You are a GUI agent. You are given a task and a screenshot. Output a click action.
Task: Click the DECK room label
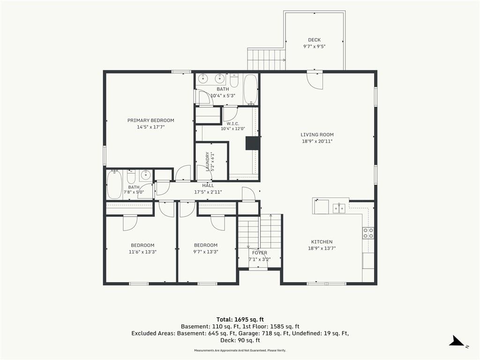tap(315, 40)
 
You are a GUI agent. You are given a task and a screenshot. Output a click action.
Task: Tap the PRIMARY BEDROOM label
tap(150, 120)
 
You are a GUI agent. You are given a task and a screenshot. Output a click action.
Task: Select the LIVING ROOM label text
tap(317, 135)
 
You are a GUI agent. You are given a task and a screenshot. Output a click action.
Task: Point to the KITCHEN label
tap(322, 241)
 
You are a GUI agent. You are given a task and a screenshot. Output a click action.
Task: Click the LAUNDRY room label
tap(208, 161)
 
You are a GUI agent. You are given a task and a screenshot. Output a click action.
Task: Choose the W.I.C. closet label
tap(233, 124)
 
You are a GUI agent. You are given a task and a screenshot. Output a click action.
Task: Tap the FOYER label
tap(260, 253)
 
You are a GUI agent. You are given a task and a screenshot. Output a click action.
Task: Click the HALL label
tap(208, 186)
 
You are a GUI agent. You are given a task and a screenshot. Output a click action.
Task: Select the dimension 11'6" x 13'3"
tap(142, 252)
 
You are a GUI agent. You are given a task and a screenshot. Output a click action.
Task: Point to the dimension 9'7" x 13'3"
tap(206, 252)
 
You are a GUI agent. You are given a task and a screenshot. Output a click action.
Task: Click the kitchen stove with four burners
tap(368, 233)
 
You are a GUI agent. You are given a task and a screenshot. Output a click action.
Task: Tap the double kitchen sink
tap(339, 209)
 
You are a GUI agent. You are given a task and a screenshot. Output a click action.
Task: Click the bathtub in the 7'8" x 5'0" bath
tap(114, 184)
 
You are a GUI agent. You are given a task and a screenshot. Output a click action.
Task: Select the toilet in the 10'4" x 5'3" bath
tap(234, 80)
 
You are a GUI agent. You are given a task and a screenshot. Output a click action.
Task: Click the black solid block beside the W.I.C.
tap(253, 143)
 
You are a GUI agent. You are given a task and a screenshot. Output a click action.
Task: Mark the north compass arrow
tap(457, 341)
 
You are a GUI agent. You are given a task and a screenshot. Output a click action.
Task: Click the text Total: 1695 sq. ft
tap(240, 320)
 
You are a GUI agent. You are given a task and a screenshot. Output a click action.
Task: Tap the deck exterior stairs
tap(266, 60)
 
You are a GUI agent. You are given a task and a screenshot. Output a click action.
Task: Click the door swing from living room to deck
tap(315, 81)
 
